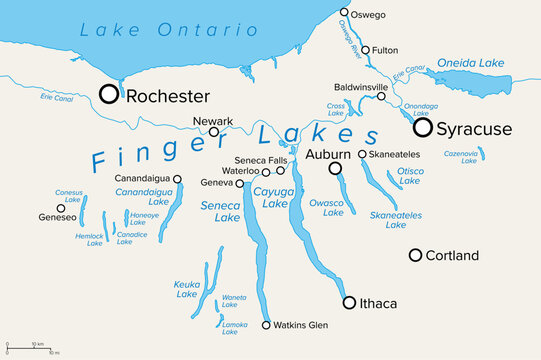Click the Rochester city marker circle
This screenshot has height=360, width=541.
coord(108,95)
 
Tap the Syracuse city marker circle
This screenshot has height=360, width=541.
coord(423,127)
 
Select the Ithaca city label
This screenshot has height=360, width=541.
coord(377,303)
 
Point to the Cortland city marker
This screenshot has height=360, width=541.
coord(415,255)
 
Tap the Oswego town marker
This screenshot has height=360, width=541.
coord(344,13)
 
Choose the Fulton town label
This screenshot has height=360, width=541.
coord(386,49)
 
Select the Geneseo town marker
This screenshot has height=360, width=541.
coord(60,208)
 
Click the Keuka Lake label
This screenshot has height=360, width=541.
coord(187,288)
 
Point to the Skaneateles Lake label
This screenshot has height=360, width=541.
coord(395,220)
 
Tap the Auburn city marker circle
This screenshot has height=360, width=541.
coord(336,169)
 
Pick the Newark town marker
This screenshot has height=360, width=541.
coord(214,132)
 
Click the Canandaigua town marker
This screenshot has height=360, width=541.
coord(177,179)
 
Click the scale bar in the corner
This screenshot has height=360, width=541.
coord(30,349)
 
